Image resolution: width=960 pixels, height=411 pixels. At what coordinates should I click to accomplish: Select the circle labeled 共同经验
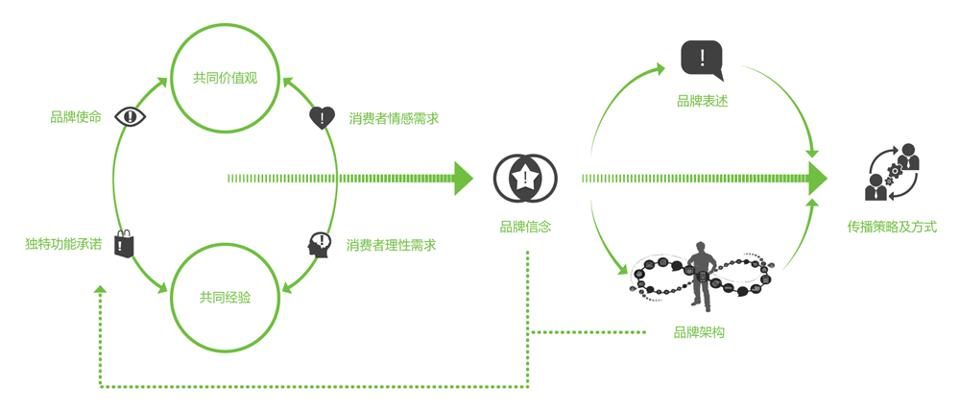point(225,298)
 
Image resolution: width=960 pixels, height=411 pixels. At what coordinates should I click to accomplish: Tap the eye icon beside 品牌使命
point(130,117)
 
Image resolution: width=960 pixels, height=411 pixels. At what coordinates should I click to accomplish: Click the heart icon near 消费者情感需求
point(322,118)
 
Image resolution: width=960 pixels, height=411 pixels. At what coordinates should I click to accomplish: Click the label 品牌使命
point(76,117)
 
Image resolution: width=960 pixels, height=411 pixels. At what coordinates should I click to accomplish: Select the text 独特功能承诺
point(63,245)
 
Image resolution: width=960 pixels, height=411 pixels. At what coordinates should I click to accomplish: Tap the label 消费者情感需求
point(394,119)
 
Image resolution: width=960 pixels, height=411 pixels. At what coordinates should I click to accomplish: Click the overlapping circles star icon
point(525,179)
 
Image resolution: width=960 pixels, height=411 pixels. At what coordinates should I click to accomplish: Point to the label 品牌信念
point(525,228)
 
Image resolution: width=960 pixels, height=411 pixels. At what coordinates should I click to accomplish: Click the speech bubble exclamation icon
point(702,59)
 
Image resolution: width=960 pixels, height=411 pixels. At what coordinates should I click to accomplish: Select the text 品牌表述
point(702,101)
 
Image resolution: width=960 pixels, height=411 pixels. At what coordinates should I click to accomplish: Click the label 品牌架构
point(699,332)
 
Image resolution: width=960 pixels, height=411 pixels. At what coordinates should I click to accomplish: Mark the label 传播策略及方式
point(892,228)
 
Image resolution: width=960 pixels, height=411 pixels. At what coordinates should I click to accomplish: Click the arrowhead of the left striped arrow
point(464,178)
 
